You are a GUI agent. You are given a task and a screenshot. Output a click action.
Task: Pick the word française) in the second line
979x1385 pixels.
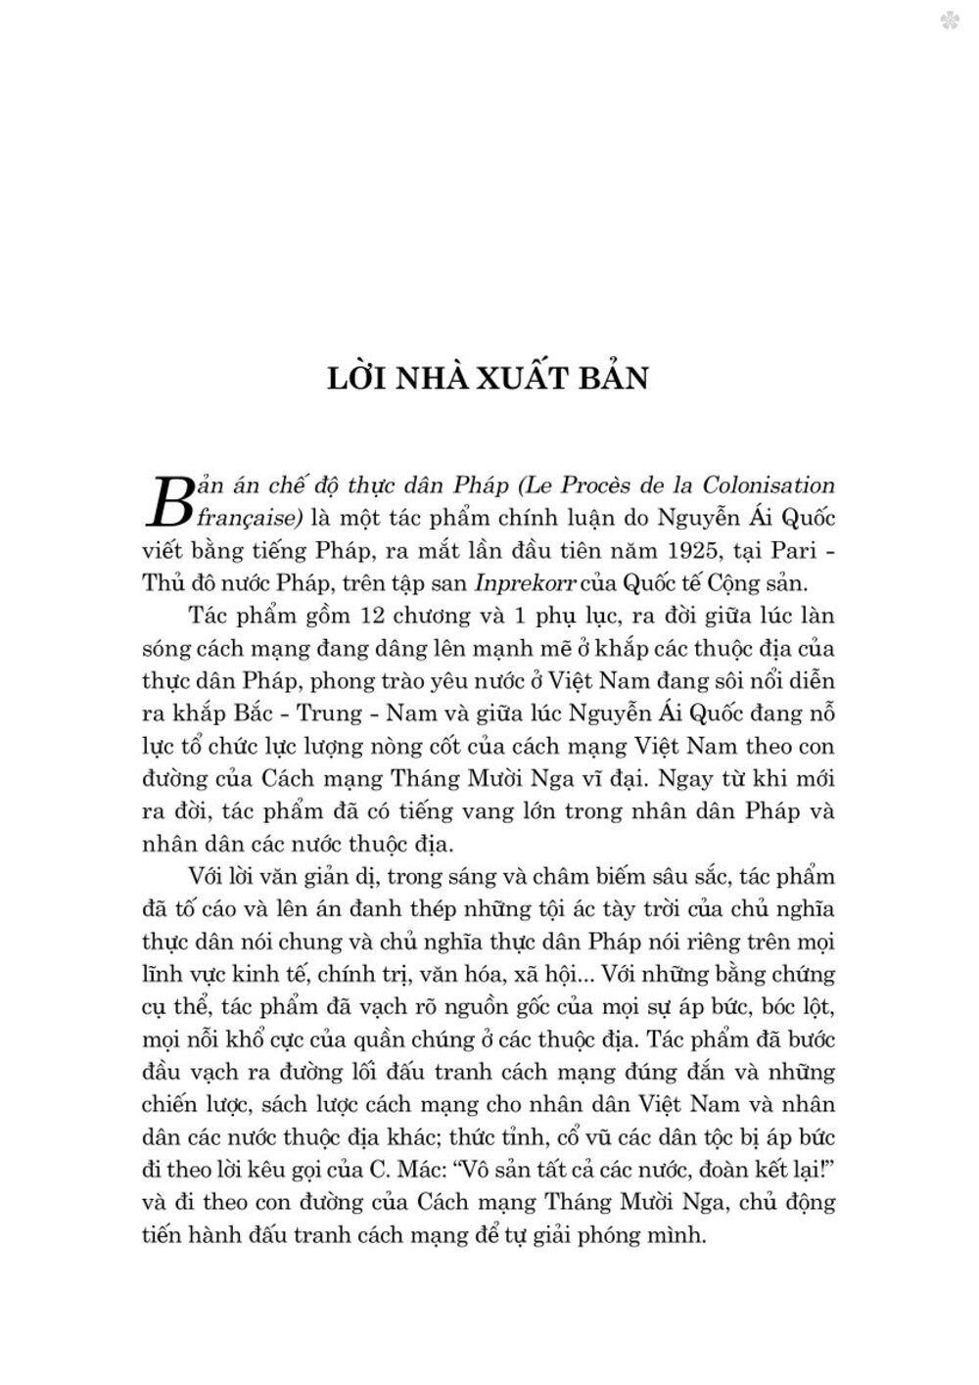pos(251,518)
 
